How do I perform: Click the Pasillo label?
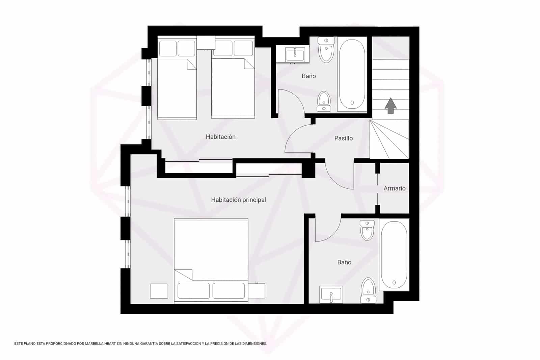(x=343, y=138)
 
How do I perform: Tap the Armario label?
(x=394, y=188)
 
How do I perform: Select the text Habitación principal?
(x=238, y=200)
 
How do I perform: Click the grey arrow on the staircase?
(x=390, y=105)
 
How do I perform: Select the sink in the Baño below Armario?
(x=331, y=294)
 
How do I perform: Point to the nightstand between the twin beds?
(x=206, y=43)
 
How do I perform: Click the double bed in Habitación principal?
(x=211, y=260)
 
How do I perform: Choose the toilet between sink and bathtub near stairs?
(x=326, y=50)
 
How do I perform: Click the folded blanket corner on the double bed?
(x=184, y=274)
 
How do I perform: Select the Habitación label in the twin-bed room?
(x=220, y=137)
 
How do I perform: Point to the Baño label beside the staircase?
(x=308, y=76)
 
